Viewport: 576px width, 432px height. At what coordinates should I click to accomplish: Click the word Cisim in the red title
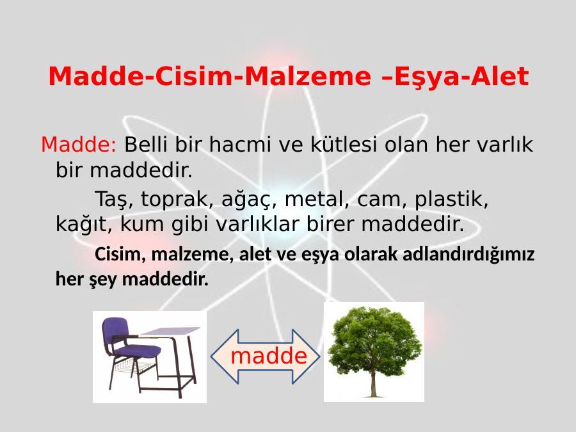pyautogui.click(x=194, y=76)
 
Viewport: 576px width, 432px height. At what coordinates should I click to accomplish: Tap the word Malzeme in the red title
pyautogui.click(x=308, y=76)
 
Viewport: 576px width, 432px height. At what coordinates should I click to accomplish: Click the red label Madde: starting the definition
pyautogui.click(x=79, y=144)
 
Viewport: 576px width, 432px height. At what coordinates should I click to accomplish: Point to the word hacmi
pyautogui.click(x=240, y=144)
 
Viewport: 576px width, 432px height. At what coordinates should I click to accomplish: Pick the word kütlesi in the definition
pyautogui.click(x=344, y=144)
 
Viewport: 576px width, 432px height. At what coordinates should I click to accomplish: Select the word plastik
pyautogui.click(x=451, y=200)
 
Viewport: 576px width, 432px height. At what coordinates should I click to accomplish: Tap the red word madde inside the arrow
pyautogui.click(x=269, y=356)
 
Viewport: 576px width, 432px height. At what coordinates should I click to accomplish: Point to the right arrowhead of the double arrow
pyautogui.click(x=306, y=356)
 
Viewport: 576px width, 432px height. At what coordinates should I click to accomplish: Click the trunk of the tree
pyautogui.click(x=374, y=378)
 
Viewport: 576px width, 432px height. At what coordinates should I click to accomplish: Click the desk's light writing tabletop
pyautogui.click(x=171, y=331)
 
